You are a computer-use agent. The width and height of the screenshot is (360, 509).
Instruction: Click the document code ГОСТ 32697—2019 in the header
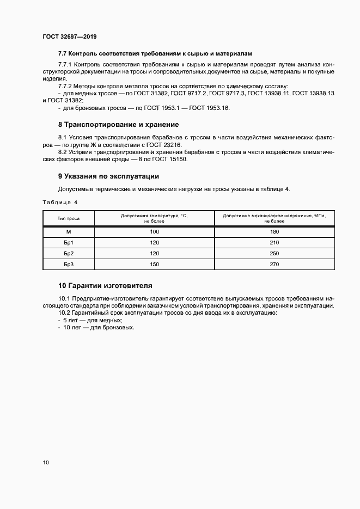[69, 38]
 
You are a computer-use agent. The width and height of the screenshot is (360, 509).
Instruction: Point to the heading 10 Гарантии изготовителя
[105, 285]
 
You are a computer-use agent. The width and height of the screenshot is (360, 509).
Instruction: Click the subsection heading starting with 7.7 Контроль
[155, 53]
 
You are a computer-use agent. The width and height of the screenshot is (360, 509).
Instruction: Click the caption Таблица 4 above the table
[60, 202]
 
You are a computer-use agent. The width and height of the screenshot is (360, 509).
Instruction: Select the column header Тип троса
[69, 219]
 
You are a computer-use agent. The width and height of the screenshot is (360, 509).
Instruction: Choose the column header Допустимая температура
[154, 219]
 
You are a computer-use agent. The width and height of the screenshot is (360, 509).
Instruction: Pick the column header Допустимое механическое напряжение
[274, 219]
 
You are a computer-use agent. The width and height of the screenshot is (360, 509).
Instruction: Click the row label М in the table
[69, 232]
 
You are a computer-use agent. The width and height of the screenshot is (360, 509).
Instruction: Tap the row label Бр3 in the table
[69, 265]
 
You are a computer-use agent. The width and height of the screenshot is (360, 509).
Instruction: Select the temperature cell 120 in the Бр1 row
[154, 243]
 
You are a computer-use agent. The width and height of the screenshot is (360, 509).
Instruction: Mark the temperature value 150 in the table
[154, 265]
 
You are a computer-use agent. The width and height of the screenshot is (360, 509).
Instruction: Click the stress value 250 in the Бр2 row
[274, 254]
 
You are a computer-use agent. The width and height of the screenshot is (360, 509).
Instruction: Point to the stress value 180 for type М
[274, 232]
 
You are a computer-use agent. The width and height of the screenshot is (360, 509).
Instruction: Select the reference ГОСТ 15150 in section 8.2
[183, 159]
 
